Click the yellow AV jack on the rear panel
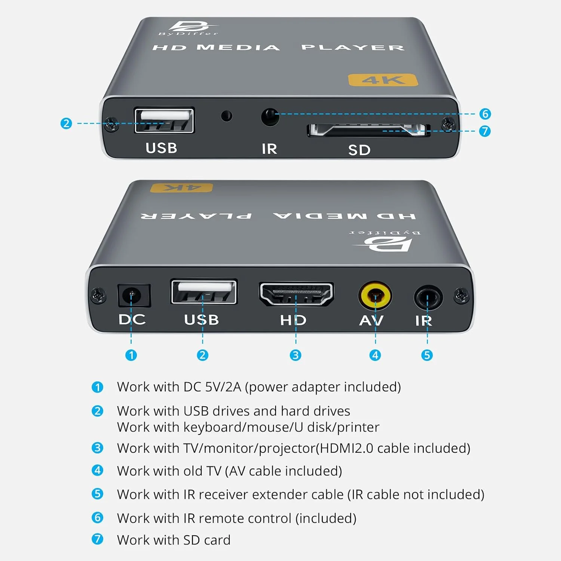click(375, 295)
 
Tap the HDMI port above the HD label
click(296, 294)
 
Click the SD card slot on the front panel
click(368, 130)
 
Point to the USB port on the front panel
click(164, 120)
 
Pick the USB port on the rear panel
click(204, 292)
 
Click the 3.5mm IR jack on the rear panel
click(428, 297)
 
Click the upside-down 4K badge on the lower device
click(181, 187)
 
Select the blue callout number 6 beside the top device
click(485, 114)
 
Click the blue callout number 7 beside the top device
click(485, 131)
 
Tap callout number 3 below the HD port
click(295, 355)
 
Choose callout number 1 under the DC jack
click(131, 355)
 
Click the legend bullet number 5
click(97, 494)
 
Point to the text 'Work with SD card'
click(174, 540)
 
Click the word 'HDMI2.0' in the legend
click(346, 448)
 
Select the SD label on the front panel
click(359, 150)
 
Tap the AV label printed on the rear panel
click(371, 321)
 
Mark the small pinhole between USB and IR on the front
click(226, 116)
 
